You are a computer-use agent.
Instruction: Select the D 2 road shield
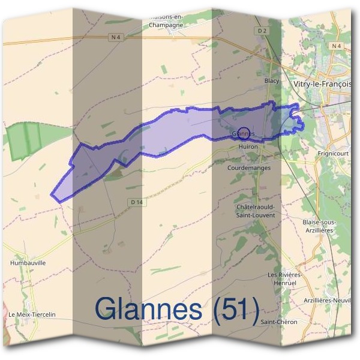[261, 31]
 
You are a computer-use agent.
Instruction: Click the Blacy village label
[272, 80]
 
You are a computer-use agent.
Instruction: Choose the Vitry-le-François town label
[324, 85]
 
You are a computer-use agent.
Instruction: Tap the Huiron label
[248, 146]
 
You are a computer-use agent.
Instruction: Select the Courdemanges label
[249, 168]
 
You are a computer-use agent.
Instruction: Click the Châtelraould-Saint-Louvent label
[256, 210]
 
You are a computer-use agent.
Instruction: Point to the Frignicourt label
[333, 154]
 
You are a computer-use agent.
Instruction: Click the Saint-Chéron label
[279, 322]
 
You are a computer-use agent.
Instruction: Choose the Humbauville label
[28, 263]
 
